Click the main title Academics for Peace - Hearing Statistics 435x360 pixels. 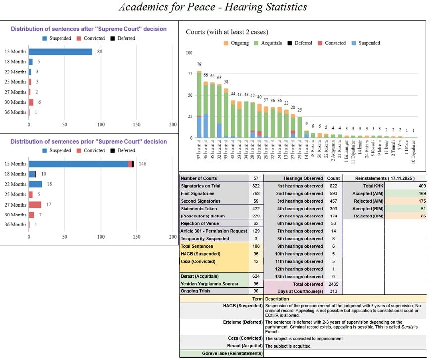[x=212, y=7]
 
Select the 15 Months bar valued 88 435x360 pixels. [x=61, y=52]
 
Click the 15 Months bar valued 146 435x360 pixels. [x=79, y=164]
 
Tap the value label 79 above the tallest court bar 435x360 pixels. [x=199, y=64]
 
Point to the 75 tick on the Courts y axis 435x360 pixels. [x=189, y=74]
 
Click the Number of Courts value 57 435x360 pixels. [x=255, y=178]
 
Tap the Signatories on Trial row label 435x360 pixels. [x=200, y=186]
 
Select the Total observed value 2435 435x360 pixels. [x=333, y=284]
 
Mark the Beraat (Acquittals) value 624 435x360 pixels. [x=255, y=276]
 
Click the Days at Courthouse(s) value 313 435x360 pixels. [x=333, y=291]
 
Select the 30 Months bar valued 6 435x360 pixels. [x=31, y=102]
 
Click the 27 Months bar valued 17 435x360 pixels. [x=35, y=204]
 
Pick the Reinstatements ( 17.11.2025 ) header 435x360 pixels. [x=385, y=178]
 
